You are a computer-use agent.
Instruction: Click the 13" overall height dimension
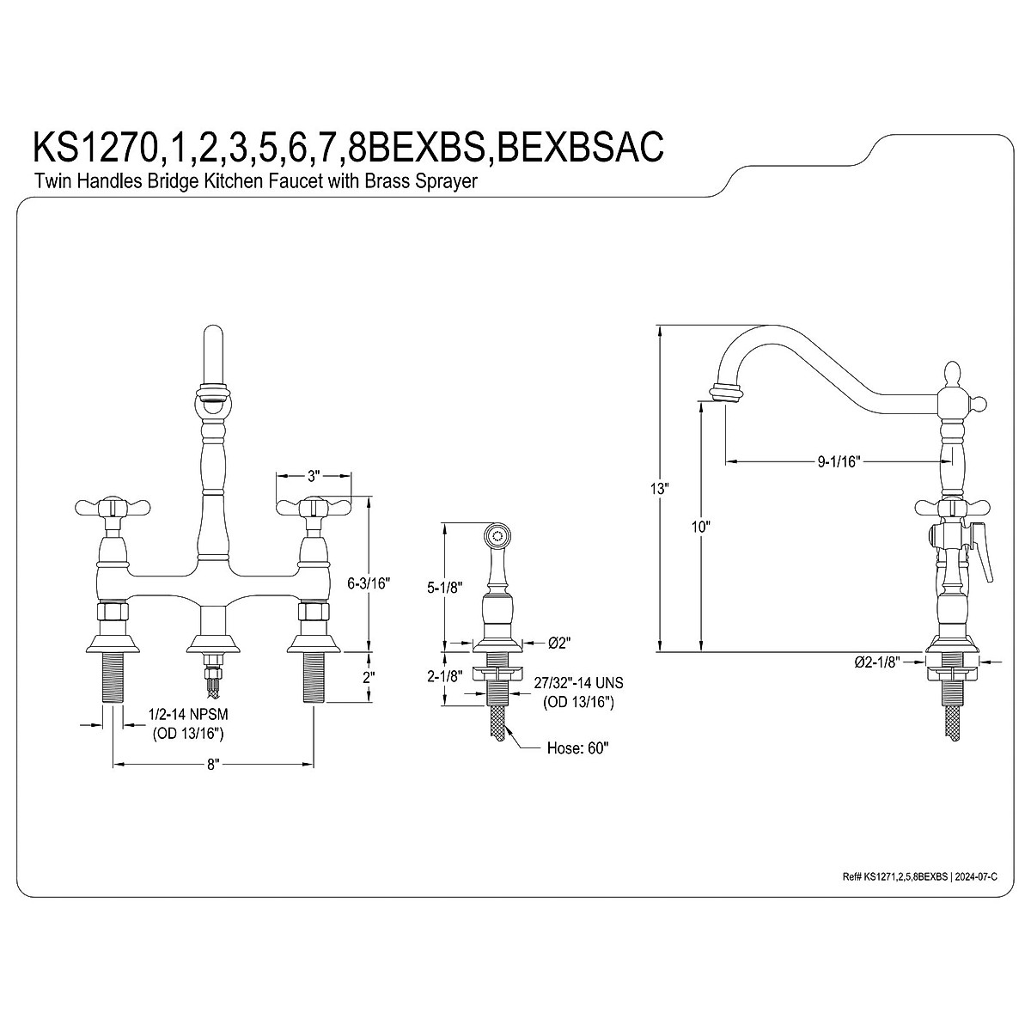pyautogui.click(x=660, y=489)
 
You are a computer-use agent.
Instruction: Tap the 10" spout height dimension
pyautogui.click(x=700, y=527)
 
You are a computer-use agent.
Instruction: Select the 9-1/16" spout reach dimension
pyautogui.click(x=838, y=461)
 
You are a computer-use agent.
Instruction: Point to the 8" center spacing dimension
pyautogui.click(x=213, y=765)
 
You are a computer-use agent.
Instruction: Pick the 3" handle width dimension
pyautogui.click(x=313, y=474)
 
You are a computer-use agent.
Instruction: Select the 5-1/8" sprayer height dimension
pyautogui.click(x=444, y=588)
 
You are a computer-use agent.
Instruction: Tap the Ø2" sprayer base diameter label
pyautogui.click(x=559, y=644)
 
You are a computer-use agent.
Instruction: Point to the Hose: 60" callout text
pyautogui.click(x=578, y=747)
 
